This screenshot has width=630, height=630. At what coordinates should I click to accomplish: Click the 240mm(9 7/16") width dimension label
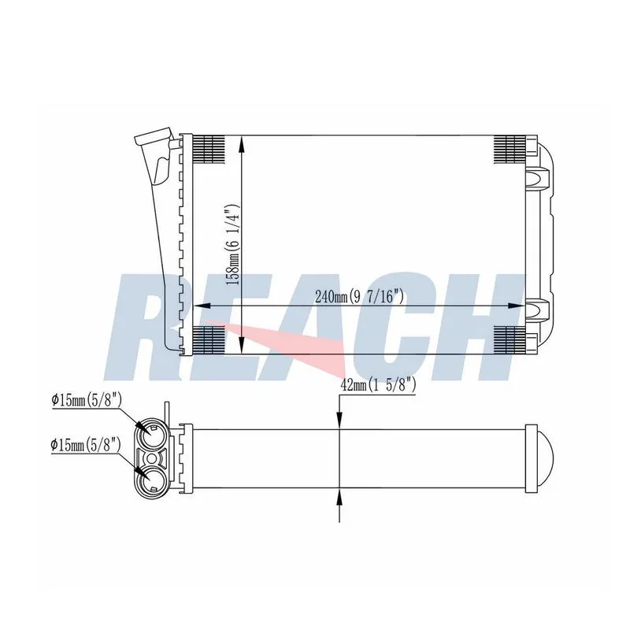(x=359, y=297)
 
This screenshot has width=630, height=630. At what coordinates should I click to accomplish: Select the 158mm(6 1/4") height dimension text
(x=233, y=244)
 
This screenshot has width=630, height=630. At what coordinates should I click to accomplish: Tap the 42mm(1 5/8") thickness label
(x=378, y=385)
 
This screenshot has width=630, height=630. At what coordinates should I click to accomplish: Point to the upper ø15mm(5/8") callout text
(x=87, y=400)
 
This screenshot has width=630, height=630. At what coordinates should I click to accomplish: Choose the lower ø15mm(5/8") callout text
(x=86, y=445)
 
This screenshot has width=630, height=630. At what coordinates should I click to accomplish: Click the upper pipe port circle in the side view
(x=151, y=435)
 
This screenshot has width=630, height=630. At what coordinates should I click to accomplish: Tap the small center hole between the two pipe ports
(x=151, y=458)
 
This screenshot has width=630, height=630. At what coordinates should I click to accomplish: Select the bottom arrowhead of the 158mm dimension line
(x=242, y=345)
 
